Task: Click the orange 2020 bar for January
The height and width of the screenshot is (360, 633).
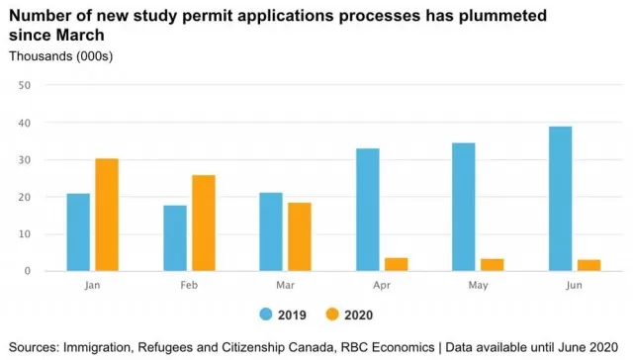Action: (107, 215)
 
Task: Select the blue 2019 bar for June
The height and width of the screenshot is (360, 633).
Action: (561, 199)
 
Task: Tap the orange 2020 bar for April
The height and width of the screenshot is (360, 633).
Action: (396, 264)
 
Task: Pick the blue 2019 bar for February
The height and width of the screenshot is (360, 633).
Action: (175, 238)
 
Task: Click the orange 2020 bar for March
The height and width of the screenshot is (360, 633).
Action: (300, 236)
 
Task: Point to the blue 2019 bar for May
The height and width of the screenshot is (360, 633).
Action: (464, 207)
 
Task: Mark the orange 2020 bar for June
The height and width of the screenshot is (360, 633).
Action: (589, 265)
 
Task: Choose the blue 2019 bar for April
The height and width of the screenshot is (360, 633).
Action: (368, 210)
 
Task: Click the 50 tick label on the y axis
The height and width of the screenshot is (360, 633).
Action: (24, 85)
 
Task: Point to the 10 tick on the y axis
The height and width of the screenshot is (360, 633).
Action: (24, 234)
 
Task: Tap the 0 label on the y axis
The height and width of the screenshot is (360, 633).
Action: (27, 271)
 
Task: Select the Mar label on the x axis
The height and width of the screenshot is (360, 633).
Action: (286, 286)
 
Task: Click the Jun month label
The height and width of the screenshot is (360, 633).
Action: (574, 286)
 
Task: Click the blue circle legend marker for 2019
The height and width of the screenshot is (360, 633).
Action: (266, 314)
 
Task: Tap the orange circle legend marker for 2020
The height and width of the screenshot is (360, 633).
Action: (332, 314)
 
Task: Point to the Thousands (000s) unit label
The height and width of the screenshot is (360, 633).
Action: (61, 56)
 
